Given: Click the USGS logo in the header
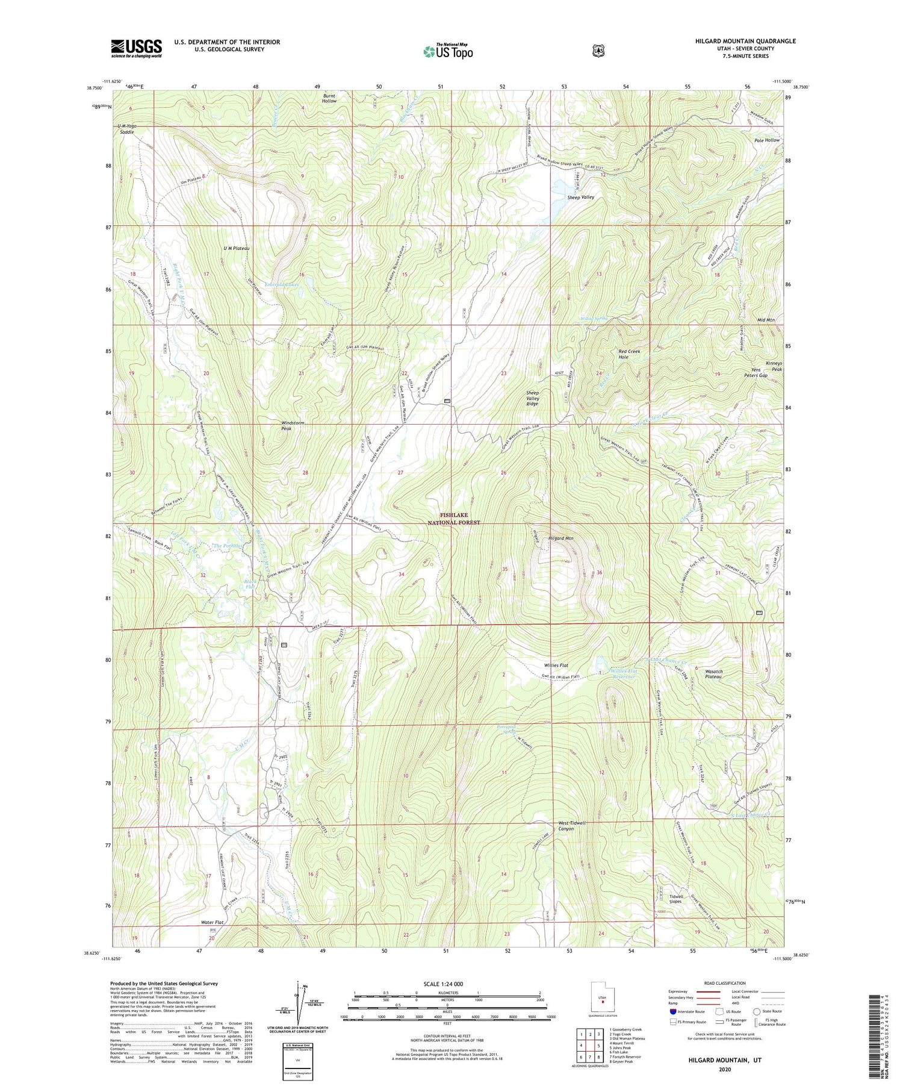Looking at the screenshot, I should [136, 48].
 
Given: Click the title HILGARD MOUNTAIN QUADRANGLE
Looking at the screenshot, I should [744, 41].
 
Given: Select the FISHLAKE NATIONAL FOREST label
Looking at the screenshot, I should [460, 519].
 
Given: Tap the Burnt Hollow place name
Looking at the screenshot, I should [329, 98].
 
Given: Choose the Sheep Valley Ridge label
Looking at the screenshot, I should [532, 398].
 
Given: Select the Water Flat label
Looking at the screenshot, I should [213, 922].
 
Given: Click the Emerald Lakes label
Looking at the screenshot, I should [284, 284].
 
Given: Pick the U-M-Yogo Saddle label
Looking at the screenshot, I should [127, 128].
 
